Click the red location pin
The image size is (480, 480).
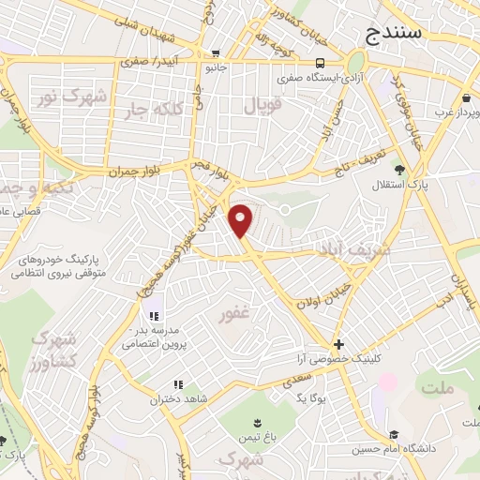[x=243, y=219]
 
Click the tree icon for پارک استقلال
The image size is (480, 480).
[x=399, y=170]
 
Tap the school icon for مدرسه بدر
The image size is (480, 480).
[x=153, y=316]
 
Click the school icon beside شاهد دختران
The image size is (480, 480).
[x=177, y=384]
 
